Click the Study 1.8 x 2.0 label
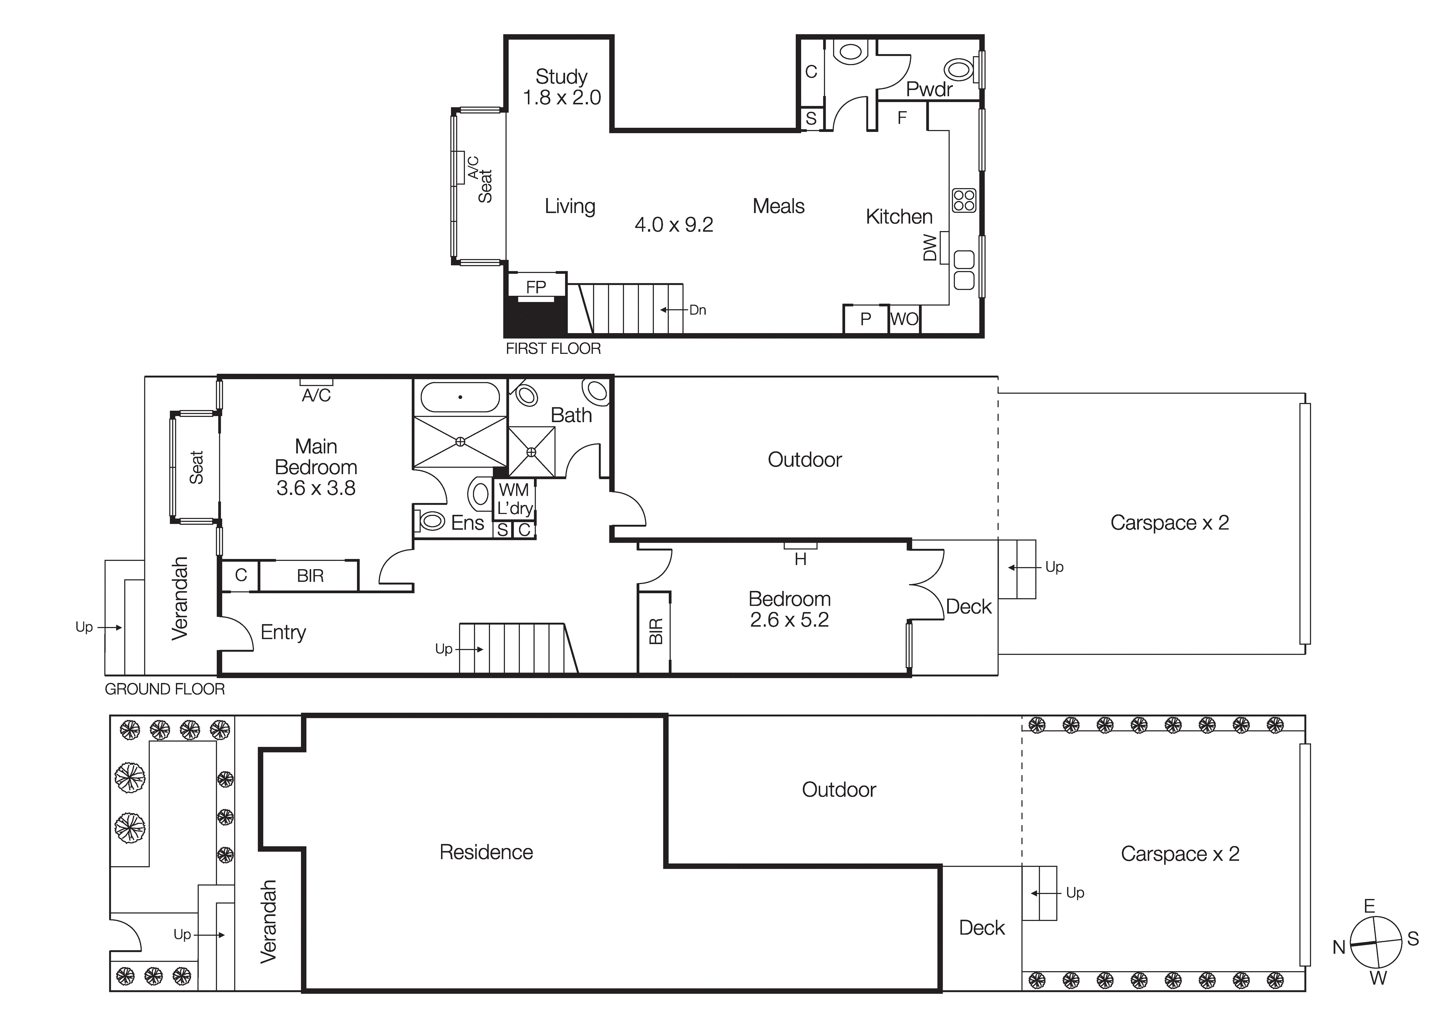(x=561, y=87)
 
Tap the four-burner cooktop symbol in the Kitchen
(x=964, y=200)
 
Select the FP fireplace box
(x=536, y=287)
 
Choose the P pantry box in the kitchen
(x=865, y=319)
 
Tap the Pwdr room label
(x=929, y=89)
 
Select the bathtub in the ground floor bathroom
(x=460, y=397)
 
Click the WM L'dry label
(x=514, y=499)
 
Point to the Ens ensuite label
(x=468, y=523)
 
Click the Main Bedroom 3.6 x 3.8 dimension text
(x=316, y=488)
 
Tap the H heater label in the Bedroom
(x=800, y=558)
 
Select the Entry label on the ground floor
(x=283, y=632)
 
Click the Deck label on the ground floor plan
(x=968, y=607)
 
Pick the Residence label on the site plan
(x=486, y=852)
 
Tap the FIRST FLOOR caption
(x=553, y=348)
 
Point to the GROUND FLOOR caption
(x=165, y=689)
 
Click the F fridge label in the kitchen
(x=902, y=118)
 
